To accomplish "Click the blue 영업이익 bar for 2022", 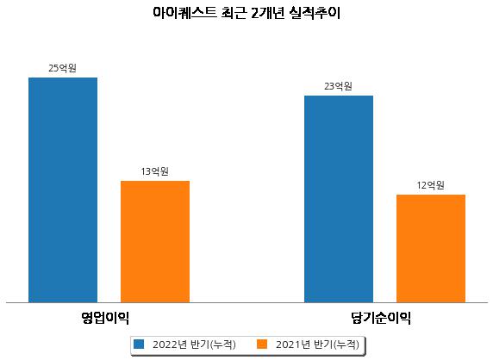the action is pos(63,190).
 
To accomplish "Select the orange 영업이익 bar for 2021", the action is pos(155,241).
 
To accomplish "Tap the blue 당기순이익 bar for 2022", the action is pos(339,199).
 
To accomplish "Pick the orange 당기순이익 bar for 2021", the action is pos(431,249).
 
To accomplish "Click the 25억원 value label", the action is pos(63,68).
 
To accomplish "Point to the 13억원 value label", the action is pos(154,171).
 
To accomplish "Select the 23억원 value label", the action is pos(339,86).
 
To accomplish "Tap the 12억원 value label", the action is pos(430,185).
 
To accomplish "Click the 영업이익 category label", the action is pos(105,318).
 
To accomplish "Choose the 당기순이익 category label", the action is pos(381,318).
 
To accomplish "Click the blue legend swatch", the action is pos(139,344).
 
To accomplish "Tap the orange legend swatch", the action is pos(262,344).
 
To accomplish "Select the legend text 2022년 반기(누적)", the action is pos(194,344).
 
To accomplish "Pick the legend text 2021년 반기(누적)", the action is pos(317,344).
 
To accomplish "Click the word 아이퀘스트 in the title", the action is pos(184,13).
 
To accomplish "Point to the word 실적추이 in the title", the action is pos(315,13).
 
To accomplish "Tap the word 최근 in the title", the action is pos(233,13).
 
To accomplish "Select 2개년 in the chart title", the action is pos(268,13).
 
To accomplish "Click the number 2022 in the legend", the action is pos(165,344).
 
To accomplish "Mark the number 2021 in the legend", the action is pos(288,344).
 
